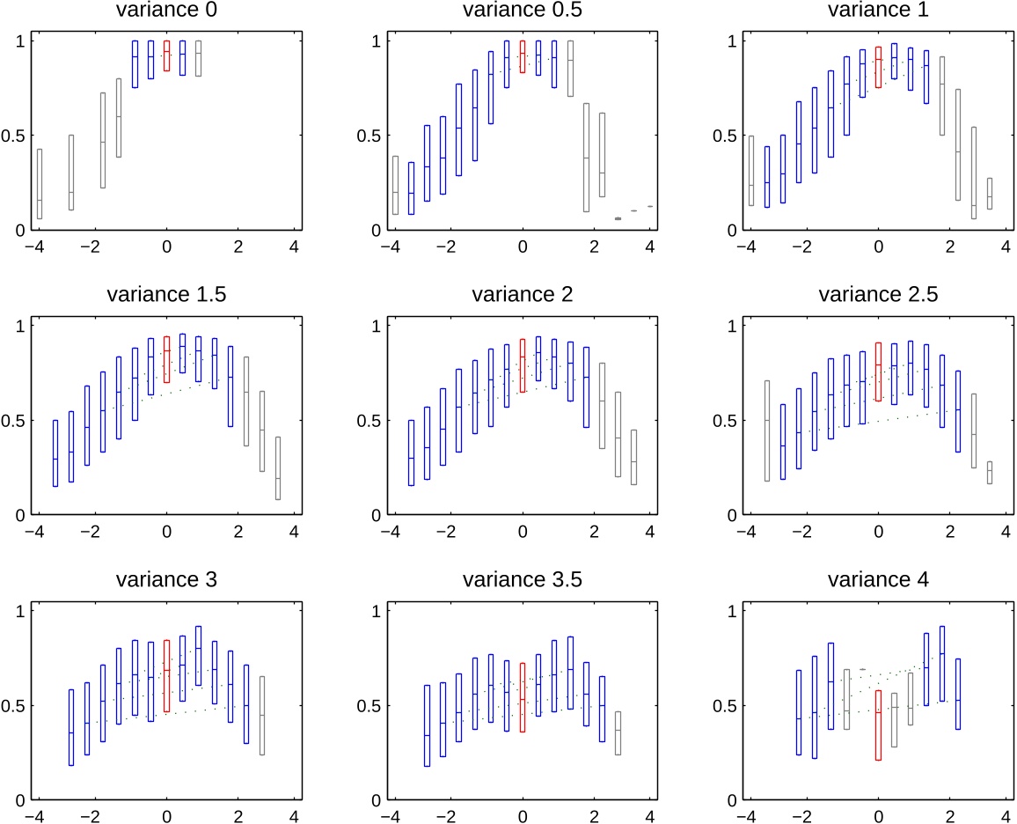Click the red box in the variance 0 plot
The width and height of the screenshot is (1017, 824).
pyautogui.click(x=166, y=55)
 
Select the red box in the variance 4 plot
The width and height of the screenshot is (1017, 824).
pyautogui.click(x=878, y=725)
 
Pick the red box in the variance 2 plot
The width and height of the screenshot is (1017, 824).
pyautogui.click(x=523, y=365)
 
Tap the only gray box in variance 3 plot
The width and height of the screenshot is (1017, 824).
pyautogui.click(x=262, y=715)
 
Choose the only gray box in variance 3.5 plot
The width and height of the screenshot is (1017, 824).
pyautogui.click(x=618, y=732)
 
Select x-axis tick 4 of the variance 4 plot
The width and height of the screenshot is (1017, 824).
pyautogui.click(x=1005, y=816)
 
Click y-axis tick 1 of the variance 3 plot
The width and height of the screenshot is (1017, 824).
pyautogui.click(x=16, y=610)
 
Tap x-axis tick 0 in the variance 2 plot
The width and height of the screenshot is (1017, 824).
pyautogui.click(x=523, y=532)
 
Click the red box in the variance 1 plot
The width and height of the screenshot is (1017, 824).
pyautogui.click(x=878, y=67)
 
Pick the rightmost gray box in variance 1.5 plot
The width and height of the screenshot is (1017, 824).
pyautogui.click(x=278, y=467)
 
